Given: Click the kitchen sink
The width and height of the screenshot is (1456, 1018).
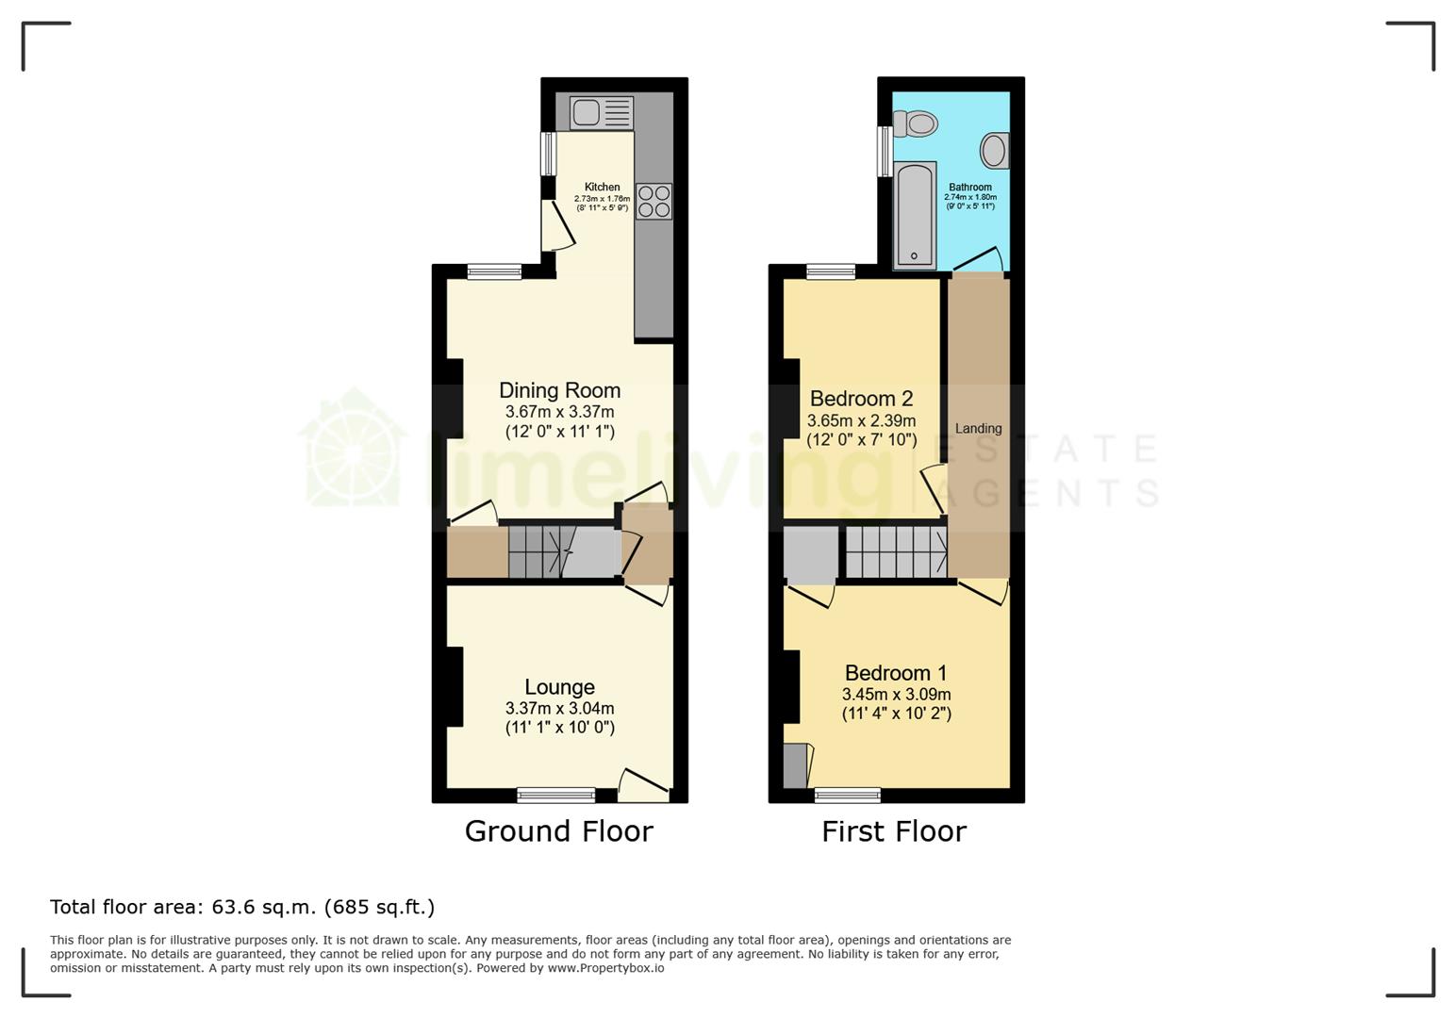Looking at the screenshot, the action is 602,113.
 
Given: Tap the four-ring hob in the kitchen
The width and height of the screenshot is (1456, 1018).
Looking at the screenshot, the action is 654,202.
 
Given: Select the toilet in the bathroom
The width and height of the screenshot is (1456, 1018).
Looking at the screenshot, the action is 916,123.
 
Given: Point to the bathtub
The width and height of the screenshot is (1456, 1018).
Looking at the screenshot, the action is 915,215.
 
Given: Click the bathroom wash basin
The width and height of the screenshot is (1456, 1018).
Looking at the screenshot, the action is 995,150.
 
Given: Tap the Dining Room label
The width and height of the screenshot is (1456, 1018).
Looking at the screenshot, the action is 559,390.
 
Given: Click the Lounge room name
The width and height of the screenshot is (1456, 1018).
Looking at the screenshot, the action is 559,687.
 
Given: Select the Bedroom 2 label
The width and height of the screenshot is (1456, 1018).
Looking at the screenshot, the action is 861,398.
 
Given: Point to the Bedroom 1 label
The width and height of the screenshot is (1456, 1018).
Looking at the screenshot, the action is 896,672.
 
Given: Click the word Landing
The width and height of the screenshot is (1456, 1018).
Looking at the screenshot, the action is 978,429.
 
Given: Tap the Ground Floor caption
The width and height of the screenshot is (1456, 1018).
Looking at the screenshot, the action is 559,831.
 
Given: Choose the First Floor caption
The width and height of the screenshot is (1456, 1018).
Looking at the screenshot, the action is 894,831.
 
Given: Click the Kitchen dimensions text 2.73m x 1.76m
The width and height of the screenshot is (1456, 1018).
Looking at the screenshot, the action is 602,199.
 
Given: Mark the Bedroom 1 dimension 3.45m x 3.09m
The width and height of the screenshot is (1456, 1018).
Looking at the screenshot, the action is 897,695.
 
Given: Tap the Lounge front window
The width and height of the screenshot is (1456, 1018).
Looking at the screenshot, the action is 556,795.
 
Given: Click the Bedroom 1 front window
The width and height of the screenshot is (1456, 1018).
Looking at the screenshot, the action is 848,795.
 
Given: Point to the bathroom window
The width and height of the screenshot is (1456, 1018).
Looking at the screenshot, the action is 885,152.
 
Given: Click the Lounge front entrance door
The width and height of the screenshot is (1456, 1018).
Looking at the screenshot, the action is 643,786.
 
